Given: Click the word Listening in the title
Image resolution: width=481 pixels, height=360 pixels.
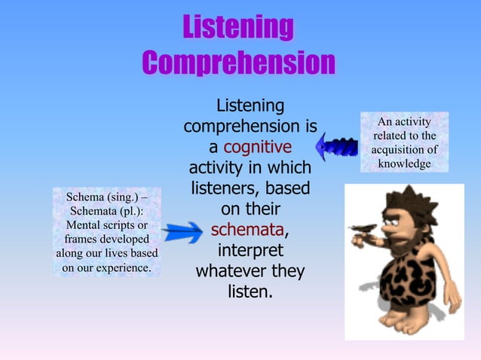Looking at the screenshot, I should [237, 28].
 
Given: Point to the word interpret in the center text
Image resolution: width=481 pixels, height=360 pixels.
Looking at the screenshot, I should [250, 249].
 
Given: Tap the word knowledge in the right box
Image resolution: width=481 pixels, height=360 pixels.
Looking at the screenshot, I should [404, 163].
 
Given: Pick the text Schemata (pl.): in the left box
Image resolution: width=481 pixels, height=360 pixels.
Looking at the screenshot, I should [106, 212].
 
